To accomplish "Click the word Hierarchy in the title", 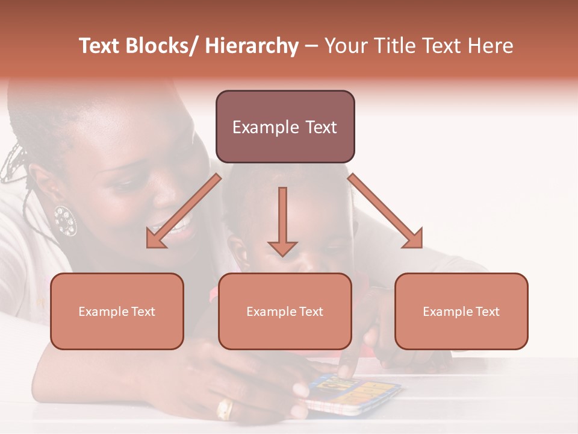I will [x=252, y=46].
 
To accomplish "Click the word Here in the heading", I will [x=489, y=46].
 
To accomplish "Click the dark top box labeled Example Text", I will [x=285, y=127].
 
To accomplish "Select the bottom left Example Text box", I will [x=117, y=311].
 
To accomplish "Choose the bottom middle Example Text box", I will [x=285, y=311].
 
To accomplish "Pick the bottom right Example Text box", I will [x=461, y=311].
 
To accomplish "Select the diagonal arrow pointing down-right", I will [x=385, y=211].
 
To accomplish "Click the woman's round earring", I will [x=65, y=221].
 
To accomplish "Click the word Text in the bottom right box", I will [x=487, y=312].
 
